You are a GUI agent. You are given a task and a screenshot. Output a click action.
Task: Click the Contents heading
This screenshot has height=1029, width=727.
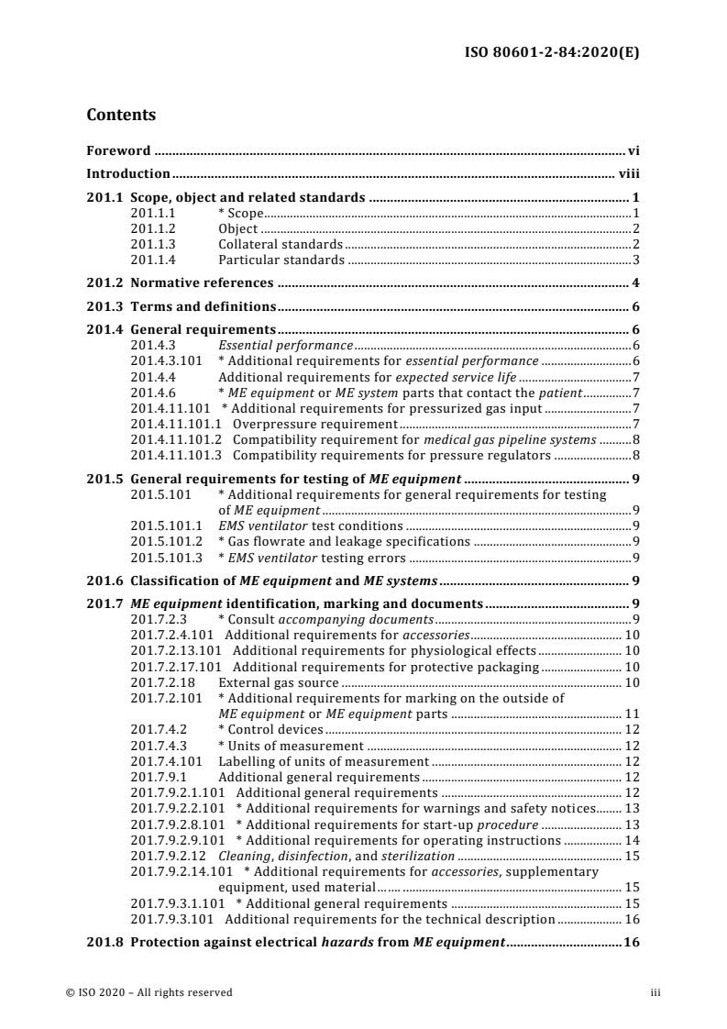[121, 116]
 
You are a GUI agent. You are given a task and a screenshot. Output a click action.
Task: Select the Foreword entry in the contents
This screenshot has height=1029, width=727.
[119, 149]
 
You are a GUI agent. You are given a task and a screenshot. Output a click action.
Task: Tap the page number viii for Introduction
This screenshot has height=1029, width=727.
[626, 173]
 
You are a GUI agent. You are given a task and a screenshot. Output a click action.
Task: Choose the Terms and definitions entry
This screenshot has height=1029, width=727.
[204, 306]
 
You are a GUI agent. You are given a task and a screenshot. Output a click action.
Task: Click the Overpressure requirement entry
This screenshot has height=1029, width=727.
[314, 423]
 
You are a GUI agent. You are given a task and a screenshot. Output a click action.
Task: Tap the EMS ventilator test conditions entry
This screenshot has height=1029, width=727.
[310, 526]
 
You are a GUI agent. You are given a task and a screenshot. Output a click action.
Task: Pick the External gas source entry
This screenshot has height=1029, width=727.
[279, 682]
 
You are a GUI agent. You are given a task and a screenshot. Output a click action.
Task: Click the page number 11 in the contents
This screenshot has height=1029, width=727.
[632, 714]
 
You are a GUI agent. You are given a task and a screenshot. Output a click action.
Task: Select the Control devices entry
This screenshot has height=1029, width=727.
[270, 729]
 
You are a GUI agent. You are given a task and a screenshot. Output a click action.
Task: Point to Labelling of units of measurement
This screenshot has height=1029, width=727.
[323, 761]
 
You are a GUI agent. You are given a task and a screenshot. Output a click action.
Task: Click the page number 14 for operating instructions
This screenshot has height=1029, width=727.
[632, 840]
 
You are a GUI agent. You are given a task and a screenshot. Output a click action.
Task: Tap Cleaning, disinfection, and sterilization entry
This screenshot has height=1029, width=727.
[324, 856]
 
